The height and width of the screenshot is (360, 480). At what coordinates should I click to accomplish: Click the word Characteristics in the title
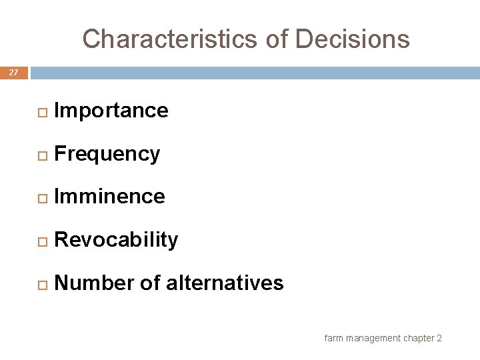pyautogui.click(x=171, y=39)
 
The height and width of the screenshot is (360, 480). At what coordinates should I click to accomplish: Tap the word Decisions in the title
pyautogui.click(x=353, y=39)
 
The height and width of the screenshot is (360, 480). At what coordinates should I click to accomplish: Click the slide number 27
pyautogui.click(x=13, y=72)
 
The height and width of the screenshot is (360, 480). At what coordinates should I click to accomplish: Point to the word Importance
pyautogui.click(x=111, y=111)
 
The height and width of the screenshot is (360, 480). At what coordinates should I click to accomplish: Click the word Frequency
pyautogui.click(x=107, y=154)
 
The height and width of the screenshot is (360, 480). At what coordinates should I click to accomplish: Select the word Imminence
pyautogui.click(x=109, y=197)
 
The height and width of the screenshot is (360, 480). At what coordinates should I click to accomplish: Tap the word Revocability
pyautogui.click(x=116, y=240)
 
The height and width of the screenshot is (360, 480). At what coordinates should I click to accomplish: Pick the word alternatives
pyautogui.click(x=225, y=283)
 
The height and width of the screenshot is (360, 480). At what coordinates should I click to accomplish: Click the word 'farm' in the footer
pyautogui.click(x=333, y=338)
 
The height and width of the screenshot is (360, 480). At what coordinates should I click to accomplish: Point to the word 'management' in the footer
pyautogui.click(x=371, y=338)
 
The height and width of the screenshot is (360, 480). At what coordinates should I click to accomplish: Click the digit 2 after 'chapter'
pyautogui.click(x=439, y=338)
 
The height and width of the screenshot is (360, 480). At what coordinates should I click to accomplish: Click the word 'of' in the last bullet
pyautogui.click(x=150, y=283)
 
